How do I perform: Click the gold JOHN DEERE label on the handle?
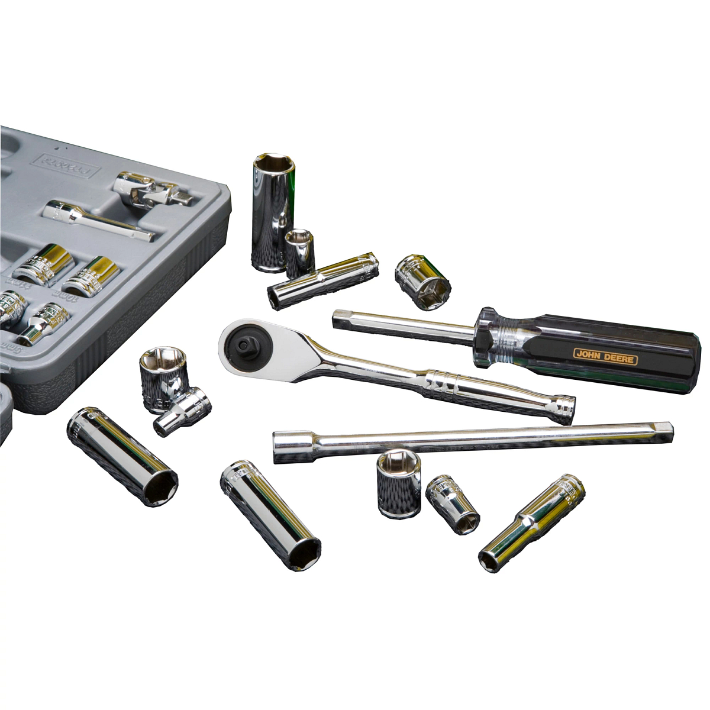tap(605, 356)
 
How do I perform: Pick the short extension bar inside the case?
tap(98, 220)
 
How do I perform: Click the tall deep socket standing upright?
tap(272, 212)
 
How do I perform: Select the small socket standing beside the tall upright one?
tap(300, 253)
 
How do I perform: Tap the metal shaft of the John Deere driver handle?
tap(402, 327)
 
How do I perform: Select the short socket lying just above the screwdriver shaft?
tap(422, 282)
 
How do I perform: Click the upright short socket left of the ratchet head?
tap(163, 377)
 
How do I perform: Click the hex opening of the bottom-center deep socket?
tap(304, 551)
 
